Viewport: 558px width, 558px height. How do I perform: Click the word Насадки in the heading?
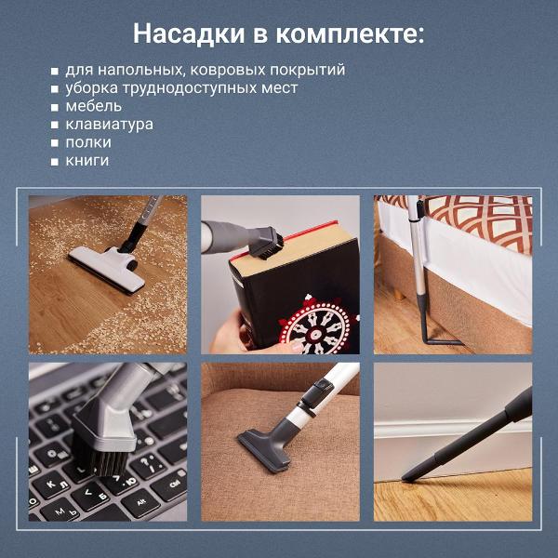(189, 34)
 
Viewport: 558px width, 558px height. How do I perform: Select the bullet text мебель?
(94, 106)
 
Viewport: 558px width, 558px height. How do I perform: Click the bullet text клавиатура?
(109, 125)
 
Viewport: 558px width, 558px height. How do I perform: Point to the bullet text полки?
(88, 142)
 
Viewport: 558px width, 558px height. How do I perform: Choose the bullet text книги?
(87, 161)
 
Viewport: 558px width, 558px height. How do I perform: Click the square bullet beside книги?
(55, 162)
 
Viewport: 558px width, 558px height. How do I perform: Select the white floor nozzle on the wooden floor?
(106, 269)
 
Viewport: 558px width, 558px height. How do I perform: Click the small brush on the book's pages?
(267, 244)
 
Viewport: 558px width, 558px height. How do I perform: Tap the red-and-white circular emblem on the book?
(317, 326)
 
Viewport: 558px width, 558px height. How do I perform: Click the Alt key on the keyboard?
(141, 502)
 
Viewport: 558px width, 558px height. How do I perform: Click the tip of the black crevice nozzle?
(404, 479)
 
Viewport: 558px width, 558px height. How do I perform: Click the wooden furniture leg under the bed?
(400, 294)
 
